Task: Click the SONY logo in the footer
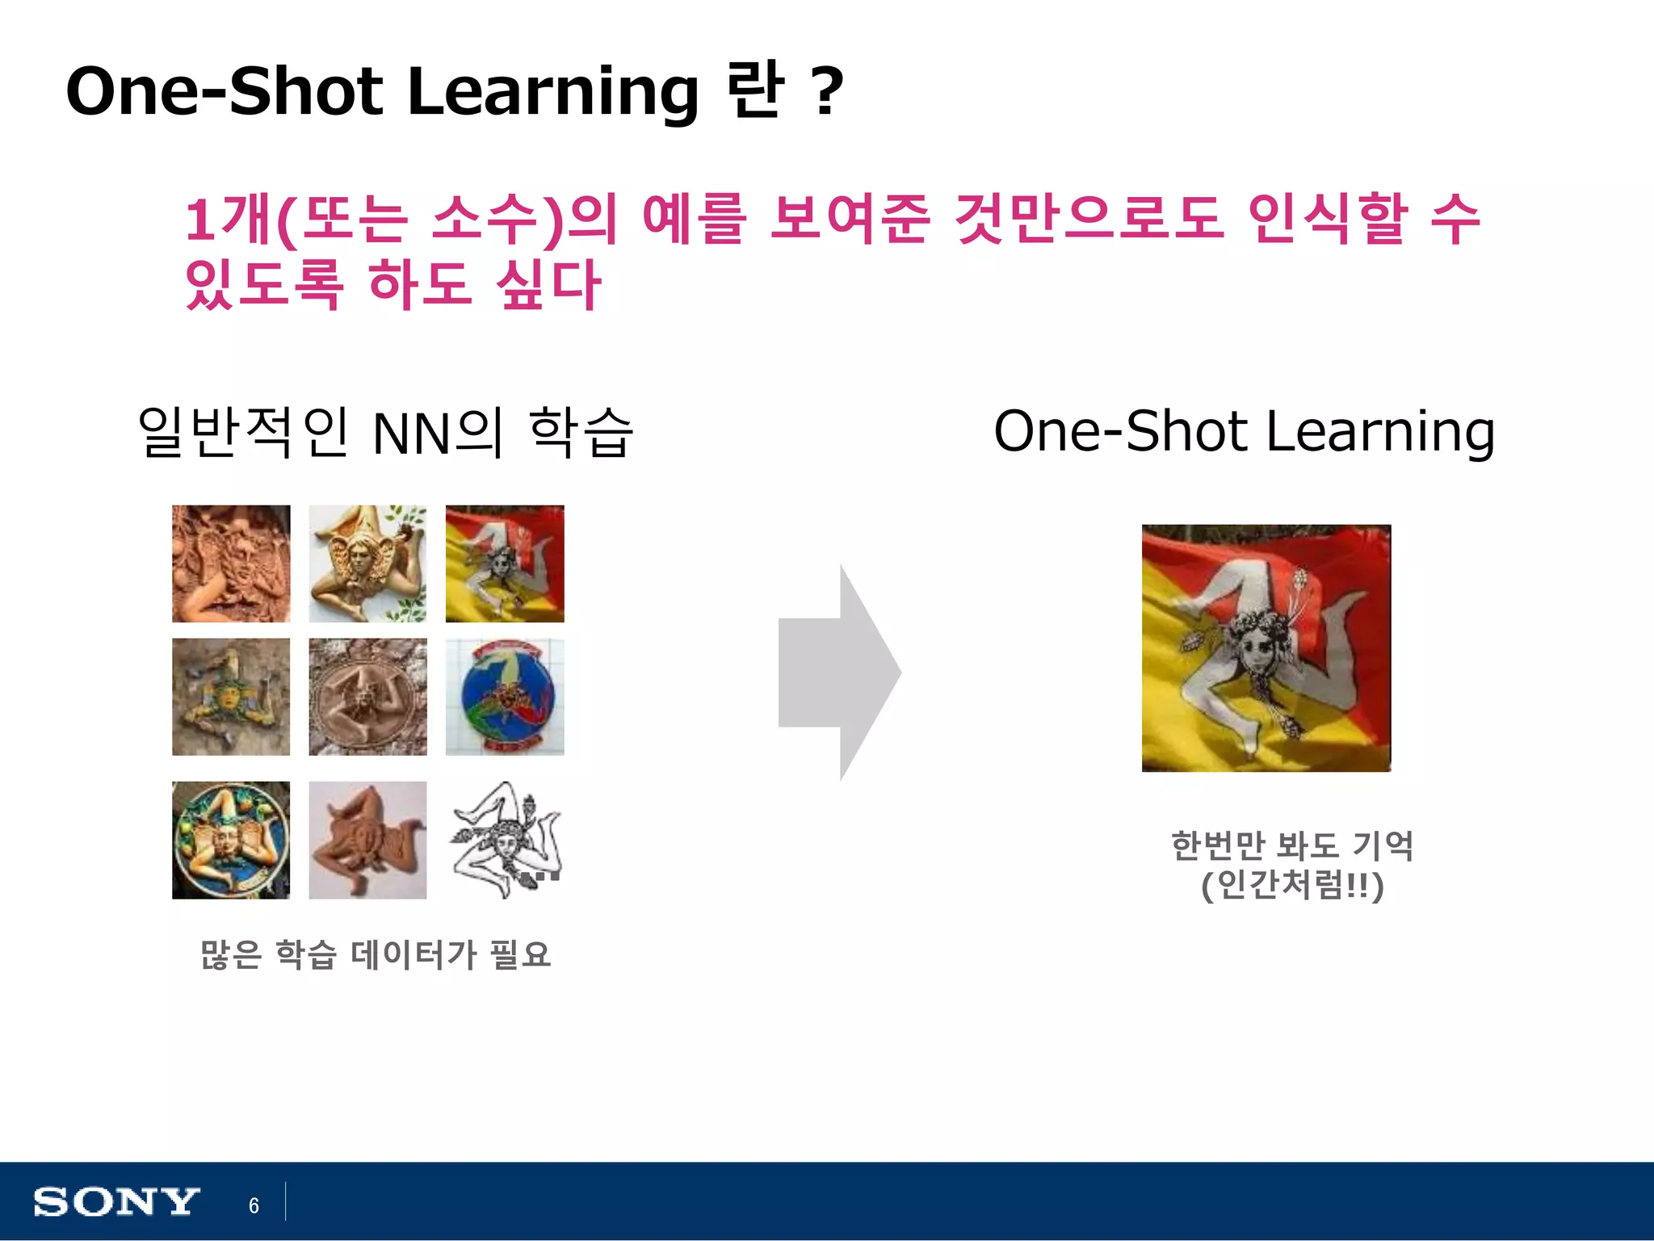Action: pos(115,1202)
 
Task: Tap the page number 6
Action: pos(254,1205)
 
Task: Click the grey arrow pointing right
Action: pos(839,673)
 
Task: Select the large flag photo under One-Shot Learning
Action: pos(1266,648)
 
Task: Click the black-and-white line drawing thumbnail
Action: pos(505,840)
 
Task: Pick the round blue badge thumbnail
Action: pos(505,697)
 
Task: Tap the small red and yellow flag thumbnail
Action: pos(505,564)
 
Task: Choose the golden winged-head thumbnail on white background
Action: pos(367,564)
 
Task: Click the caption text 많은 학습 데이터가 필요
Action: pos(376,954)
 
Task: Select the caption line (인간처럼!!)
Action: pos(1292,886)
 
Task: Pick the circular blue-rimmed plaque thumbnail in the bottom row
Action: pos(231,840)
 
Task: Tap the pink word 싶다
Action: pos(548,284)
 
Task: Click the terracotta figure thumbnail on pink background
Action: pos(367,840)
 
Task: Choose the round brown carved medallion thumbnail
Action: pos(367,697)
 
